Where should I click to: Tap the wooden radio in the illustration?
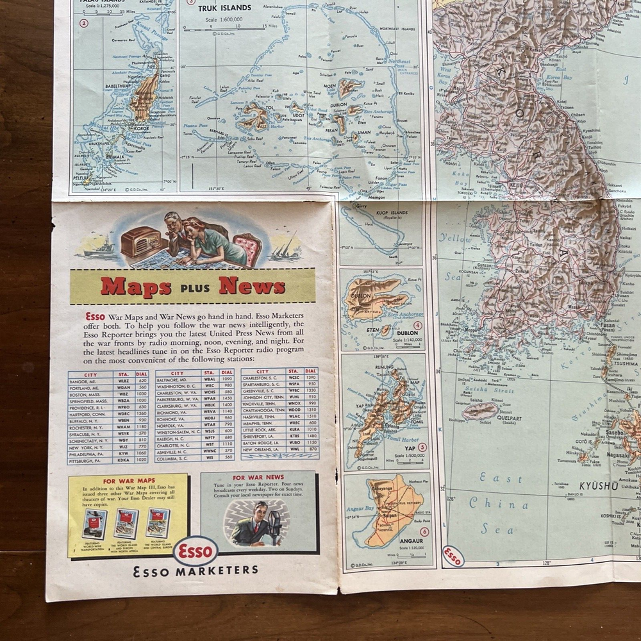pos(140,242)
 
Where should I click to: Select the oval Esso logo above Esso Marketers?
pos(195,550)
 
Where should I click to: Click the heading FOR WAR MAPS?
pos(129,481)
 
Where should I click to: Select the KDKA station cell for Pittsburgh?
pos(124,460)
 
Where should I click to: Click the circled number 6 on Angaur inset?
pos(424,531)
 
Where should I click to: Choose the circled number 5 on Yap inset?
pos(422,446)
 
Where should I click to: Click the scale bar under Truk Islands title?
pos(224,28)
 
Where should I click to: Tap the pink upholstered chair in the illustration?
pos(247,247)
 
